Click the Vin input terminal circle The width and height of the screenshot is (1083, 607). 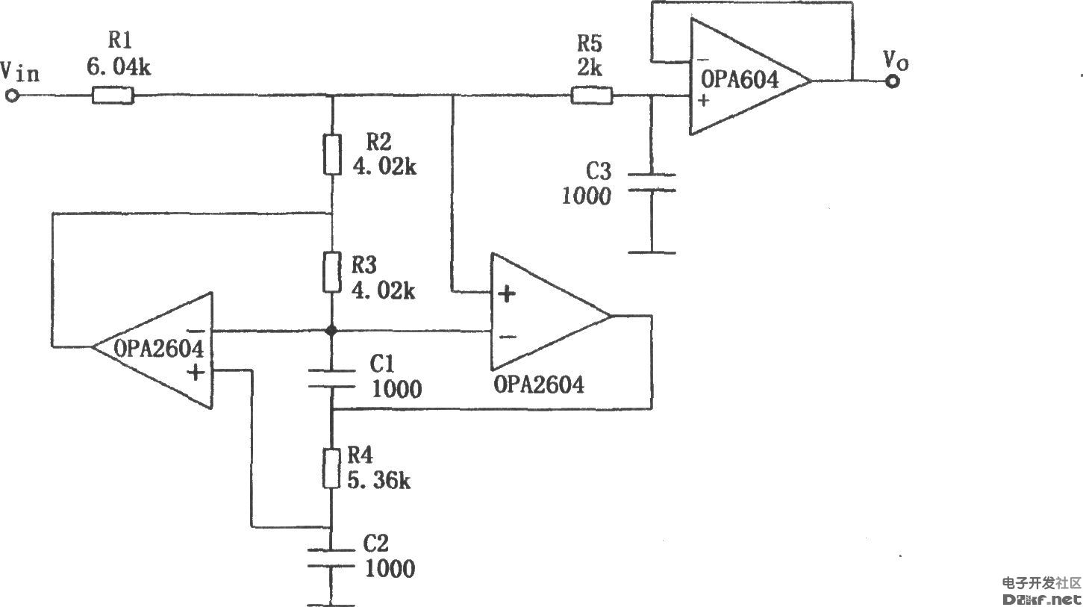12,96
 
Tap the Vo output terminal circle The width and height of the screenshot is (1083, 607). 893,80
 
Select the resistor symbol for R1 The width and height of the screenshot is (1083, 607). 113,96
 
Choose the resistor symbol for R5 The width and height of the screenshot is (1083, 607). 592,96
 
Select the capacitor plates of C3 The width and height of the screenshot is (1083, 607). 652,183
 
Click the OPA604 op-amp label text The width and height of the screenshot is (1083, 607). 739,78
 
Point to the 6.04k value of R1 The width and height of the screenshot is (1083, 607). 119,68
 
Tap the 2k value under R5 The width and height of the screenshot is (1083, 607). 590,68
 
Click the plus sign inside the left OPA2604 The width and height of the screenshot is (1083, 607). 196,372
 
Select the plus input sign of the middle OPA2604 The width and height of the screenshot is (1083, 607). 507,294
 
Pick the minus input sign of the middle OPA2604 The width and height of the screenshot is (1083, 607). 507,337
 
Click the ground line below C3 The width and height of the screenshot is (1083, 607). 652,252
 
